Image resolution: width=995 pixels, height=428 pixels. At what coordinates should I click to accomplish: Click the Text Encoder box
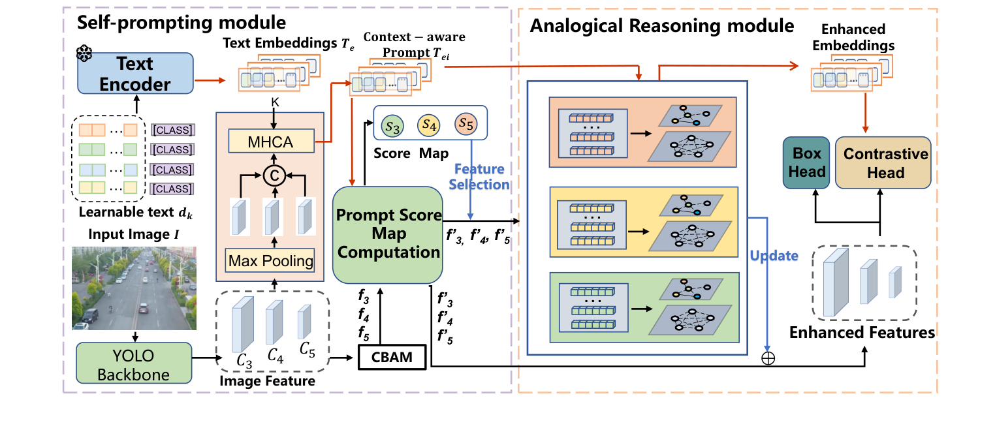click(135, 74)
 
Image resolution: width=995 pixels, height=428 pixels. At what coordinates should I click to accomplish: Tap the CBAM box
click(392, 357)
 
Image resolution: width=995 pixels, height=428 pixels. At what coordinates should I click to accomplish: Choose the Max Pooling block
click(271, 262)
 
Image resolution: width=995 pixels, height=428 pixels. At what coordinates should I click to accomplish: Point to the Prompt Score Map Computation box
click(388, 233)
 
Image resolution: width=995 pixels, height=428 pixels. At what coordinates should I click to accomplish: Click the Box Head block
click(808, 163)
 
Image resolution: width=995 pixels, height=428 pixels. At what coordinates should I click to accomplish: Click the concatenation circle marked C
click(271, 175)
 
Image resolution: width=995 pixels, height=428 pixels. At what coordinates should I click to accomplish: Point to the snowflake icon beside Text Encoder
click(84, 53)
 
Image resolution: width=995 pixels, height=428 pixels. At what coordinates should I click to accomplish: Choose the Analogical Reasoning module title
click(662, 27)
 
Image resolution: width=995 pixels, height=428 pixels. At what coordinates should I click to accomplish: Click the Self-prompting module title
click(182, 22)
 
